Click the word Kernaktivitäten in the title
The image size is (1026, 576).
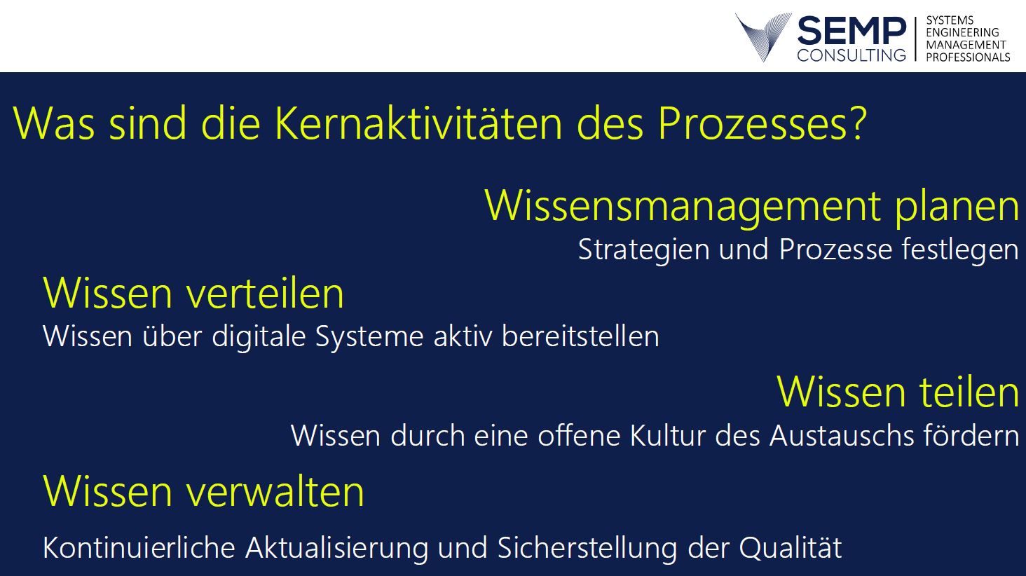(418, 123)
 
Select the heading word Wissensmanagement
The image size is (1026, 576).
(683, 207)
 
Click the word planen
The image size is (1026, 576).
(957, 207)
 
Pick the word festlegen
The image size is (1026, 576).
(961, 250)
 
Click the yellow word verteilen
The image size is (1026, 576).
(265, 293)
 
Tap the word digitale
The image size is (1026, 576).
(259, 336)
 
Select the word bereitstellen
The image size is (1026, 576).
(580, 336)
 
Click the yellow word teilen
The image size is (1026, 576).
(969, 392)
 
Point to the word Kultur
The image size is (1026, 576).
(667, 435)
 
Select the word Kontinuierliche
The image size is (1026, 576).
(138, 547)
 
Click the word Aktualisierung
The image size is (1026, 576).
(336, 548)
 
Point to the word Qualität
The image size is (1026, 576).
(790, 548)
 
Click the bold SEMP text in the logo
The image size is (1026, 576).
(851, 31)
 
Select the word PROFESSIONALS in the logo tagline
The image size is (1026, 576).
(968, 57)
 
